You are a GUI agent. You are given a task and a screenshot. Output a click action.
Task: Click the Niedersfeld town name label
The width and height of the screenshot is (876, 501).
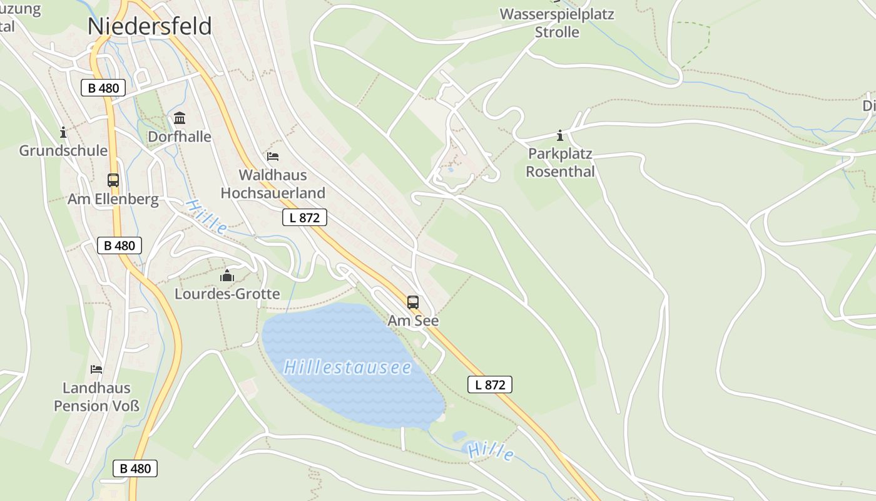pos(150,26)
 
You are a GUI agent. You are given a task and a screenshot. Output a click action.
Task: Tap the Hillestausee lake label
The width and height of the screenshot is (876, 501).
pos(347,367)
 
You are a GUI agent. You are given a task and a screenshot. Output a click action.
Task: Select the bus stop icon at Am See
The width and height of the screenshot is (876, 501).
pos(413,302)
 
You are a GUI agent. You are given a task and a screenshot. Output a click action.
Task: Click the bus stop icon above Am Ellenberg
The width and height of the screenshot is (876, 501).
pos(113,180)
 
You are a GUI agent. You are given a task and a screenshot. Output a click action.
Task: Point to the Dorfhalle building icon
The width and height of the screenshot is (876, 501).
pos(180,118)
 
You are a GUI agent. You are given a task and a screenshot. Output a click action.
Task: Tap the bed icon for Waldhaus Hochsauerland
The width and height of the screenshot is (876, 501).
pos(273,156)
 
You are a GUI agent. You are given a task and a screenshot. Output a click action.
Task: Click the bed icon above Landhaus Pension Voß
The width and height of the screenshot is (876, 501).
pos(96,369)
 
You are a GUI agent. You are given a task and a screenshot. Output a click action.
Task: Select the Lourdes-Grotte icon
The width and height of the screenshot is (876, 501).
pos(227,276)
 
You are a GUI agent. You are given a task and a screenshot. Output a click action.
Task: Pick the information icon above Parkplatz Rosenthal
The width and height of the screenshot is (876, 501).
pos(560,135)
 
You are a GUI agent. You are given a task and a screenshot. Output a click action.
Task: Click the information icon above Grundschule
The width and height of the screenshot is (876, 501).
pos(63,132)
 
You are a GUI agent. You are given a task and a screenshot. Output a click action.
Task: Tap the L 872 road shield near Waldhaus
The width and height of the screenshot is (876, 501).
pos(305,217)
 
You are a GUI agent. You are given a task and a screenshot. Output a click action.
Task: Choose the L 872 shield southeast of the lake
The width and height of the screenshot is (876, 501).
pos(490,385)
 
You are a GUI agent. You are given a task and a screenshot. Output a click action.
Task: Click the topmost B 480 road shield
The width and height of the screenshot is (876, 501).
pos(103,88)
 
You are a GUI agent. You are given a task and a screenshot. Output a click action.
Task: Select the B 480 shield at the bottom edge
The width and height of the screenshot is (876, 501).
pos(135,468)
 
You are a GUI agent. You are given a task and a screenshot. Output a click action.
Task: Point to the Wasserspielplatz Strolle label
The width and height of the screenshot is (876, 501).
pos(557,23)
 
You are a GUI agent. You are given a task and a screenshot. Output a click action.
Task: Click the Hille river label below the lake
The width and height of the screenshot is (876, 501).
pos(492,452)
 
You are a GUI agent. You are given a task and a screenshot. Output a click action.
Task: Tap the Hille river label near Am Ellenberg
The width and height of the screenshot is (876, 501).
pos(207,217)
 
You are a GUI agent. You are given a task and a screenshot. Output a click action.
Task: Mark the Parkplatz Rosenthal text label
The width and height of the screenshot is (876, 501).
pos(560,162)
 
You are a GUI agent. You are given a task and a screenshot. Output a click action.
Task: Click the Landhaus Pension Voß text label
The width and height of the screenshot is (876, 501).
pos(96,397)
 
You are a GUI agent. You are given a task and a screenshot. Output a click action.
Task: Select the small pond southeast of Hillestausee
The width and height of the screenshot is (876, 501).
pos(460,436)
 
